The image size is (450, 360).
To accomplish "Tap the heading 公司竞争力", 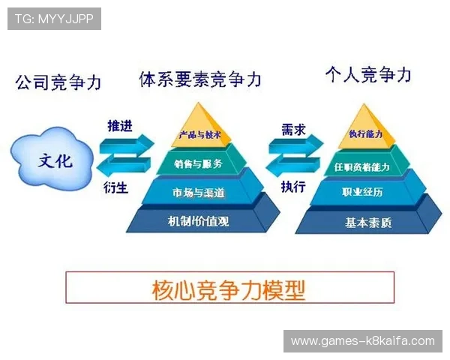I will tap(58, 82).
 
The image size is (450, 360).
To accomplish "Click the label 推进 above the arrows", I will tap(120, 126).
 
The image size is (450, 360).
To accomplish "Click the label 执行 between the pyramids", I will tap(292, 186).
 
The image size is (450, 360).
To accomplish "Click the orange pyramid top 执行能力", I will tap(367, 133).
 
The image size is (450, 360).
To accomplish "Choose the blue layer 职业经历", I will tap(367, 193).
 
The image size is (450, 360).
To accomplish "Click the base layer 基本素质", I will tap(368, 222).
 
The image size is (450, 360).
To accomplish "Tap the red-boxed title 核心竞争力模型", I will tap(229, 287).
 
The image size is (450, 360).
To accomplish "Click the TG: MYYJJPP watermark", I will tap(54, 18).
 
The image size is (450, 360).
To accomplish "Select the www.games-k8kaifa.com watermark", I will tap(362, 340).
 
